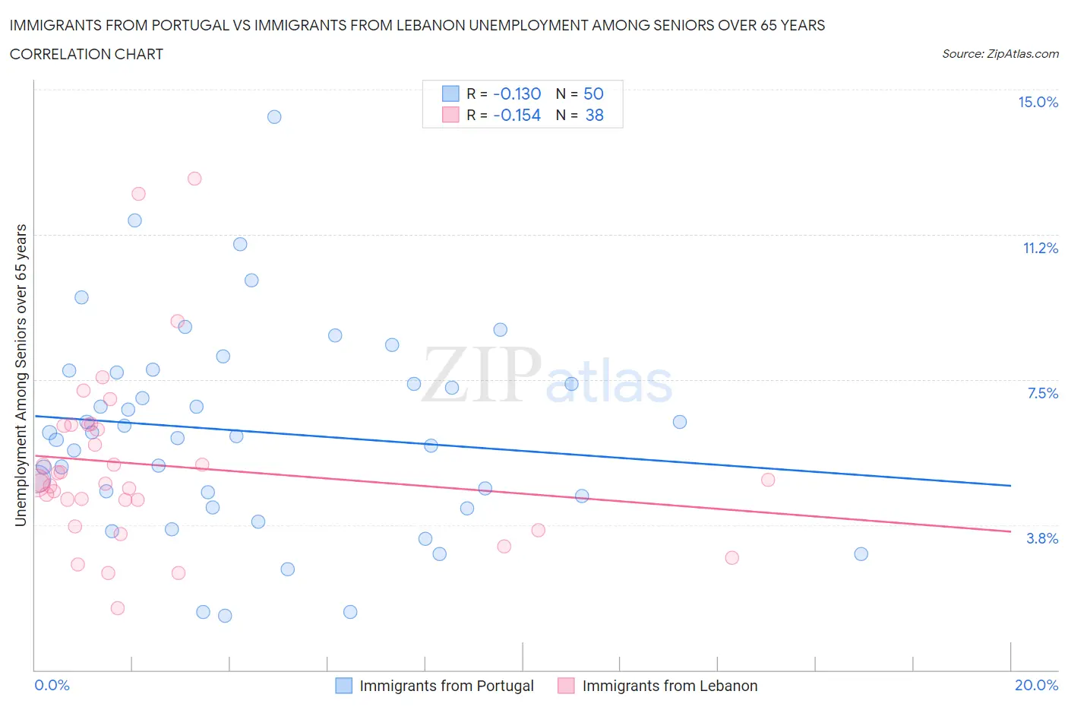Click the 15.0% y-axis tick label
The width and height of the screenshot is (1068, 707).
click(x=1038, y=103)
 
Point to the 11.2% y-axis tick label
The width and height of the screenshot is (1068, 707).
click(x=1040, y=249)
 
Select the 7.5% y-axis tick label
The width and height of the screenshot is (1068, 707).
click(x=1042, y=394)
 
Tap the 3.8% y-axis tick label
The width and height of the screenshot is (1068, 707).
click(x=1042, y=539)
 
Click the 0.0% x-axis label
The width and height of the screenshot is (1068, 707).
click(x=52, y=686)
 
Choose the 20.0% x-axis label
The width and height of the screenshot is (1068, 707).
click(x=1036, y=686)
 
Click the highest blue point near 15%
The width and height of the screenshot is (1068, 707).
click(x=274, y=117)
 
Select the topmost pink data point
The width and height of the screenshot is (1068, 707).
click(x=194, y=179)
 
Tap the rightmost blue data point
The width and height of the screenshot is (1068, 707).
click(x=861, y=554)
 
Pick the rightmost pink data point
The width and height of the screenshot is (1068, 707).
click(x=768, y=480)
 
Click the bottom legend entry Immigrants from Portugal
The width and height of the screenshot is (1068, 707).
click(x=446, y=686)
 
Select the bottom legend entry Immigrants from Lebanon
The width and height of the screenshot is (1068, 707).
click(x=669, y=686)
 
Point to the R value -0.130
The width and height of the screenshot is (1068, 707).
click(x=517, y=94)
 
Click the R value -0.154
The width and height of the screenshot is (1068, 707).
click(x=517, y=116)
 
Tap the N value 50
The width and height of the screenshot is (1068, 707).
click(x=593, y=94)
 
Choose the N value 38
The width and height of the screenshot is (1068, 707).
click(x=594, y=116)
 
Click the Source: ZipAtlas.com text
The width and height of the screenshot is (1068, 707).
click(x=1000, y=54)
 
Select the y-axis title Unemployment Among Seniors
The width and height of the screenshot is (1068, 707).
click(x=21, y=376)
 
